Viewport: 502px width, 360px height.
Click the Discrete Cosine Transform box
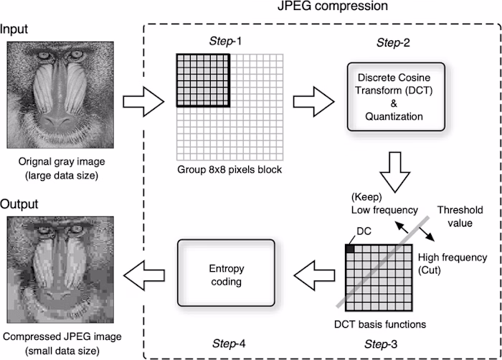coord(393,96)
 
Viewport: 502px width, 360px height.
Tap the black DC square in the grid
coord(350,248)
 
